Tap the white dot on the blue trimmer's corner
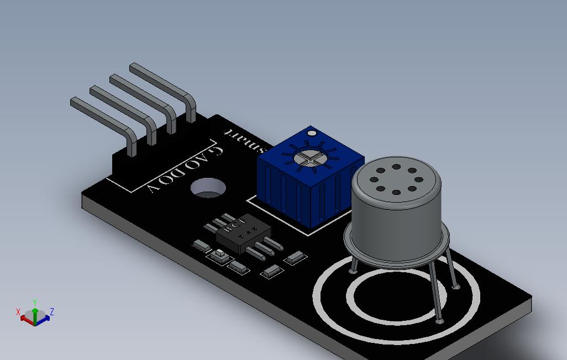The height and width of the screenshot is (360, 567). (x=312, y=133)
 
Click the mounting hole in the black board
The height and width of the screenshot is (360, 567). (x=208, y=188)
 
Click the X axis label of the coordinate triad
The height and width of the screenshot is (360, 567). (x=18, y=312)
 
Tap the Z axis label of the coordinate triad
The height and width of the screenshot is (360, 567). (x=51, y=312)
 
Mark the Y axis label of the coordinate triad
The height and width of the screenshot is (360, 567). (x=35, y=302)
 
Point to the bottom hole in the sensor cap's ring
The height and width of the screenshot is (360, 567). (x=396, y=193)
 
